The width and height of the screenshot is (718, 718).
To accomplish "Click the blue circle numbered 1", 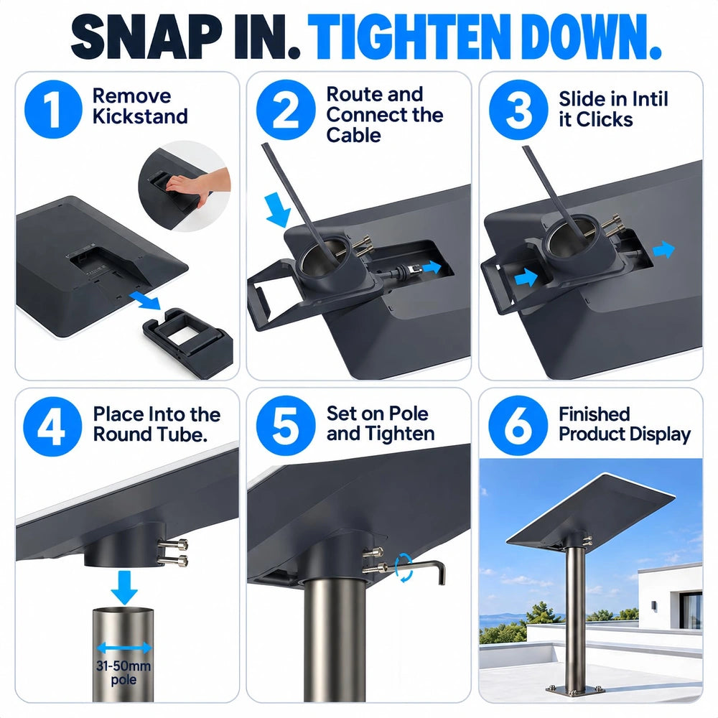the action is pos(53,109).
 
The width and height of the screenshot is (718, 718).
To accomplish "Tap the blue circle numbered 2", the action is pos(286,109).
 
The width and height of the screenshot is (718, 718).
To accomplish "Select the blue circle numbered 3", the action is pos(518,110).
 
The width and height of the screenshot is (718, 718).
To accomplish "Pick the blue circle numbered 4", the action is pos(52,426).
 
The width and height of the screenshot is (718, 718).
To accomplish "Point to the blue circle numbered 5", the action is pos(286,426).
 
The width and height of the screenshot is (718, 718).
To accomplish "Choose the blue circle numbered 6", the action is pos(518,426).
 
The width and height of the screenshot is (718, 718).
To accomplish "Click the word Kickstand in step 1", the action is pos(140,116).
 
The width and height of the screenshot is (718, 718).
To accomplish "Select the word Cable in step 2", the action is pos(353,135).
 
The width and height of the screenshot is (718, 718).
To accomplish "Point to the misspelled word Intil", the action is pos(650,99).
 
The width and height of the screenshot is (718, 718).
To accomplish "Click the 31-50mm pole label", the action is pos(123,673).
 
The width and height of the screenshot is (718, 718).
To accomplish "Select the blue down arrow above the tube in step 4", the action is pos(124,587).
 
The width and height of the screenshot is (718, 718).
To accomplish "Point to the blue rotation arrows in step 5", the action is pos(404,567).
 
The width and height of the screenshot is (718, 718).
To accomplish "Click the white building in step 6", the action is pos(670,595).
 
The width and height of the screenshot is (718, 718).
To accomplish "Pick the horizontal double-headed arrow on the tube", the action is pos(123,648).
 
